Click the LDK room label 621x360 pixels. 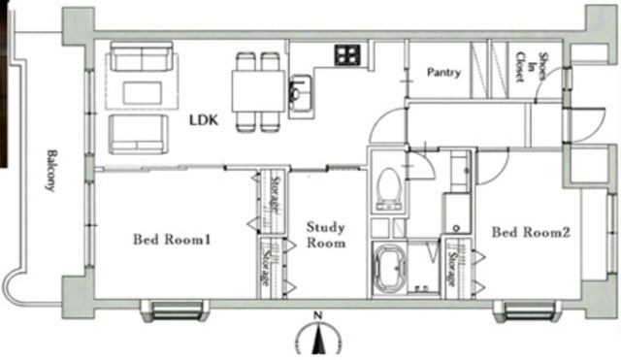click(x=204, y=120)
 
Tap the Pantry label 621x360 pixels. click(x=444, y=73)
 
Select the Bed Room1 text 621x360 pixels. click(x=172, y=240)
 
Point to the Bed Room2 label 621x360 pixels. click(x=531, y=232)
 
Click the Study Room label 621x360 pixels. click(x=326, y=235)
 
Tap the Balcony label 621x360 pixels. click(x=51, y=171)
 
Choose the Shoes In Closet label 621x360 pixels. click(x=531, y=67)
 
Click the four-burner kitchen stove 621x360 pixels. click(x=347, y=54)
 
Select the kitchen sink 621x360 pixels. click(x=302, y=95)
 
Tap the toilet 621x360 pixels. click(x=388, y=189)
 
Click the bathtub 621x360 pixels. click(x=390, y=269)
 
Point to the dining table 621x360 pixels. click(x=259, y=90)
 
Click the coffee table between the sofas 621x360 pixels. click(x=143, y=93)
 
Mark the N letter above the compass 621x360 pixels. click(x=317, y=315)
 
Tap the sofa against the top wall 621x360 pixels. click(x=142, y=56)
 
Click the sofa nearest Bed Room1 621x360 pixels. click(x=138, y=134)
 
